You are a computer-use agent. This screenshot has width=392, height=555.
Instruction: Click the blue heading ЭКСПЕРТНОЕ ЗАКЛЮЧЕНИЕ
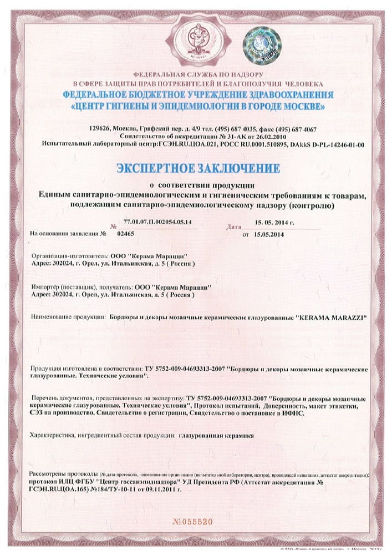coord(198,167)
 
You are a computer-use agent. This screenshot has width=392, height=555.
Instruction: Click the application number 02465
coord(127,234)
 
